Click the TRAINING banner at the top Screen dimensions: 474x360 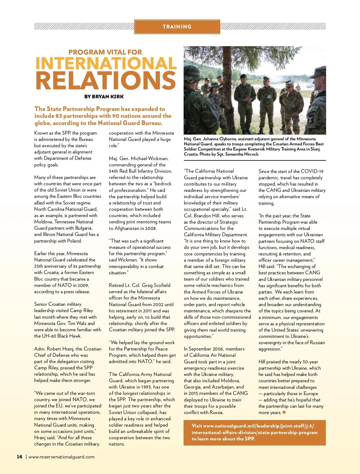(177, 27)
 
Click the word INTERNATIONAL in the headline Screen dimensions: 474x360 (106, 63)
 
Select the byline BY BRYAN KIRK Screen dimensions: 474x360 (104, 97)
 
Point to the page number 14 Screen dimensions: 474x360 (19, 457)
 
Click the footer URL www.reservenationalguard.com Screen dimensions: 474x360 (61, 457)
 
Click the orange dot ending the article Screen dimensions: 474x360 (284, 412)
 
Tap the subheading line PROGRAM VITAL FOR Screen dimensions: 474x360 (105, 52)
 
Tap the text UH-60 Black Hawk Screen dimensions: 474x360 (61, 336)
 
